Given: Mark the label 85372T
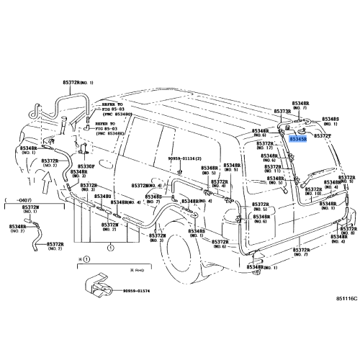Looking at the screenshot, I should pyautogui.click(x=325, y=136).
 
